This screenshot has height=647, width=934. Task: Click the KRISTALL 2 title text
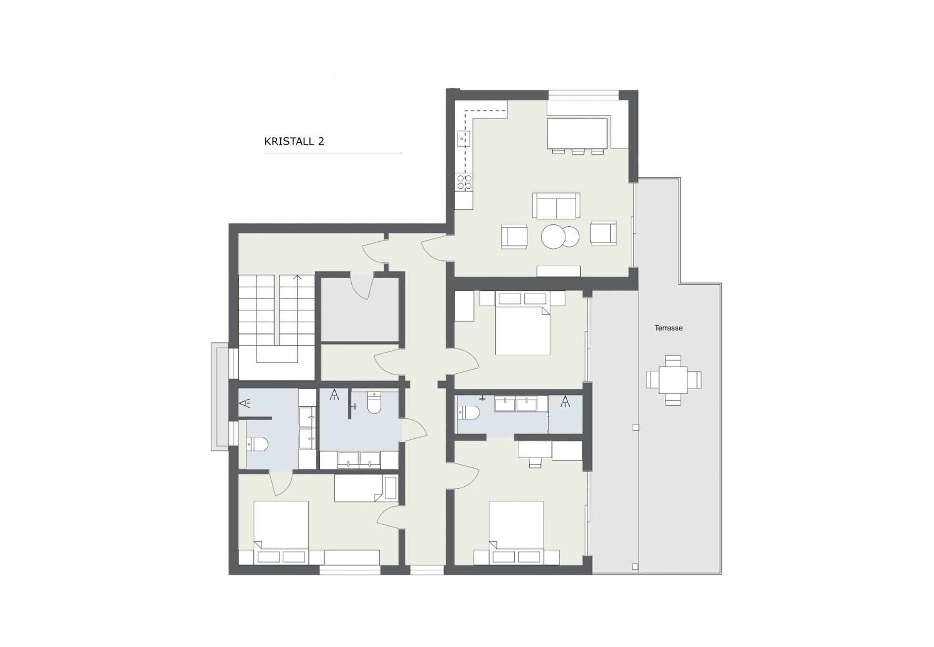294,141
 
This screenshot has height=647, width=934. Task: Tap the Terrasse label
668,328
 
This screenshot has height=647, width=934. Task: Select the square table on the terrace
673,380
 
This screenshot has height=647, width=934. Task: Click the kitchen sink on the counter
464,138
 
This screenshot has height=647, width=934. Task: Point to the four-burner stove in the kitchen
464,183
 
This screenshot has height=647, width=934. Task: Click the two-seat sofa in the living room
556,206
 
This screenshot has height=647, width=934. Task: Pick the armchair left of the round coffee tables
514,236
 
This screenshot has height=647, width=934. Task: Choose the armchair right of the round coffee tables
603,233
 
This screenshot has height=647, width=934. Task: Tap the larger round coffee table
553,237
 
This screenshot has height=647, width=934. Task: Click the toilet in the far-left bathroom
257,444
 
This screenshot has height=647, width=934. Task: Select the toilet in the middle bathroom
374,403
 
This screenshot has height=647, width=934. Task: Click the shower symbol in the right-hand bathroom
565,402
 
